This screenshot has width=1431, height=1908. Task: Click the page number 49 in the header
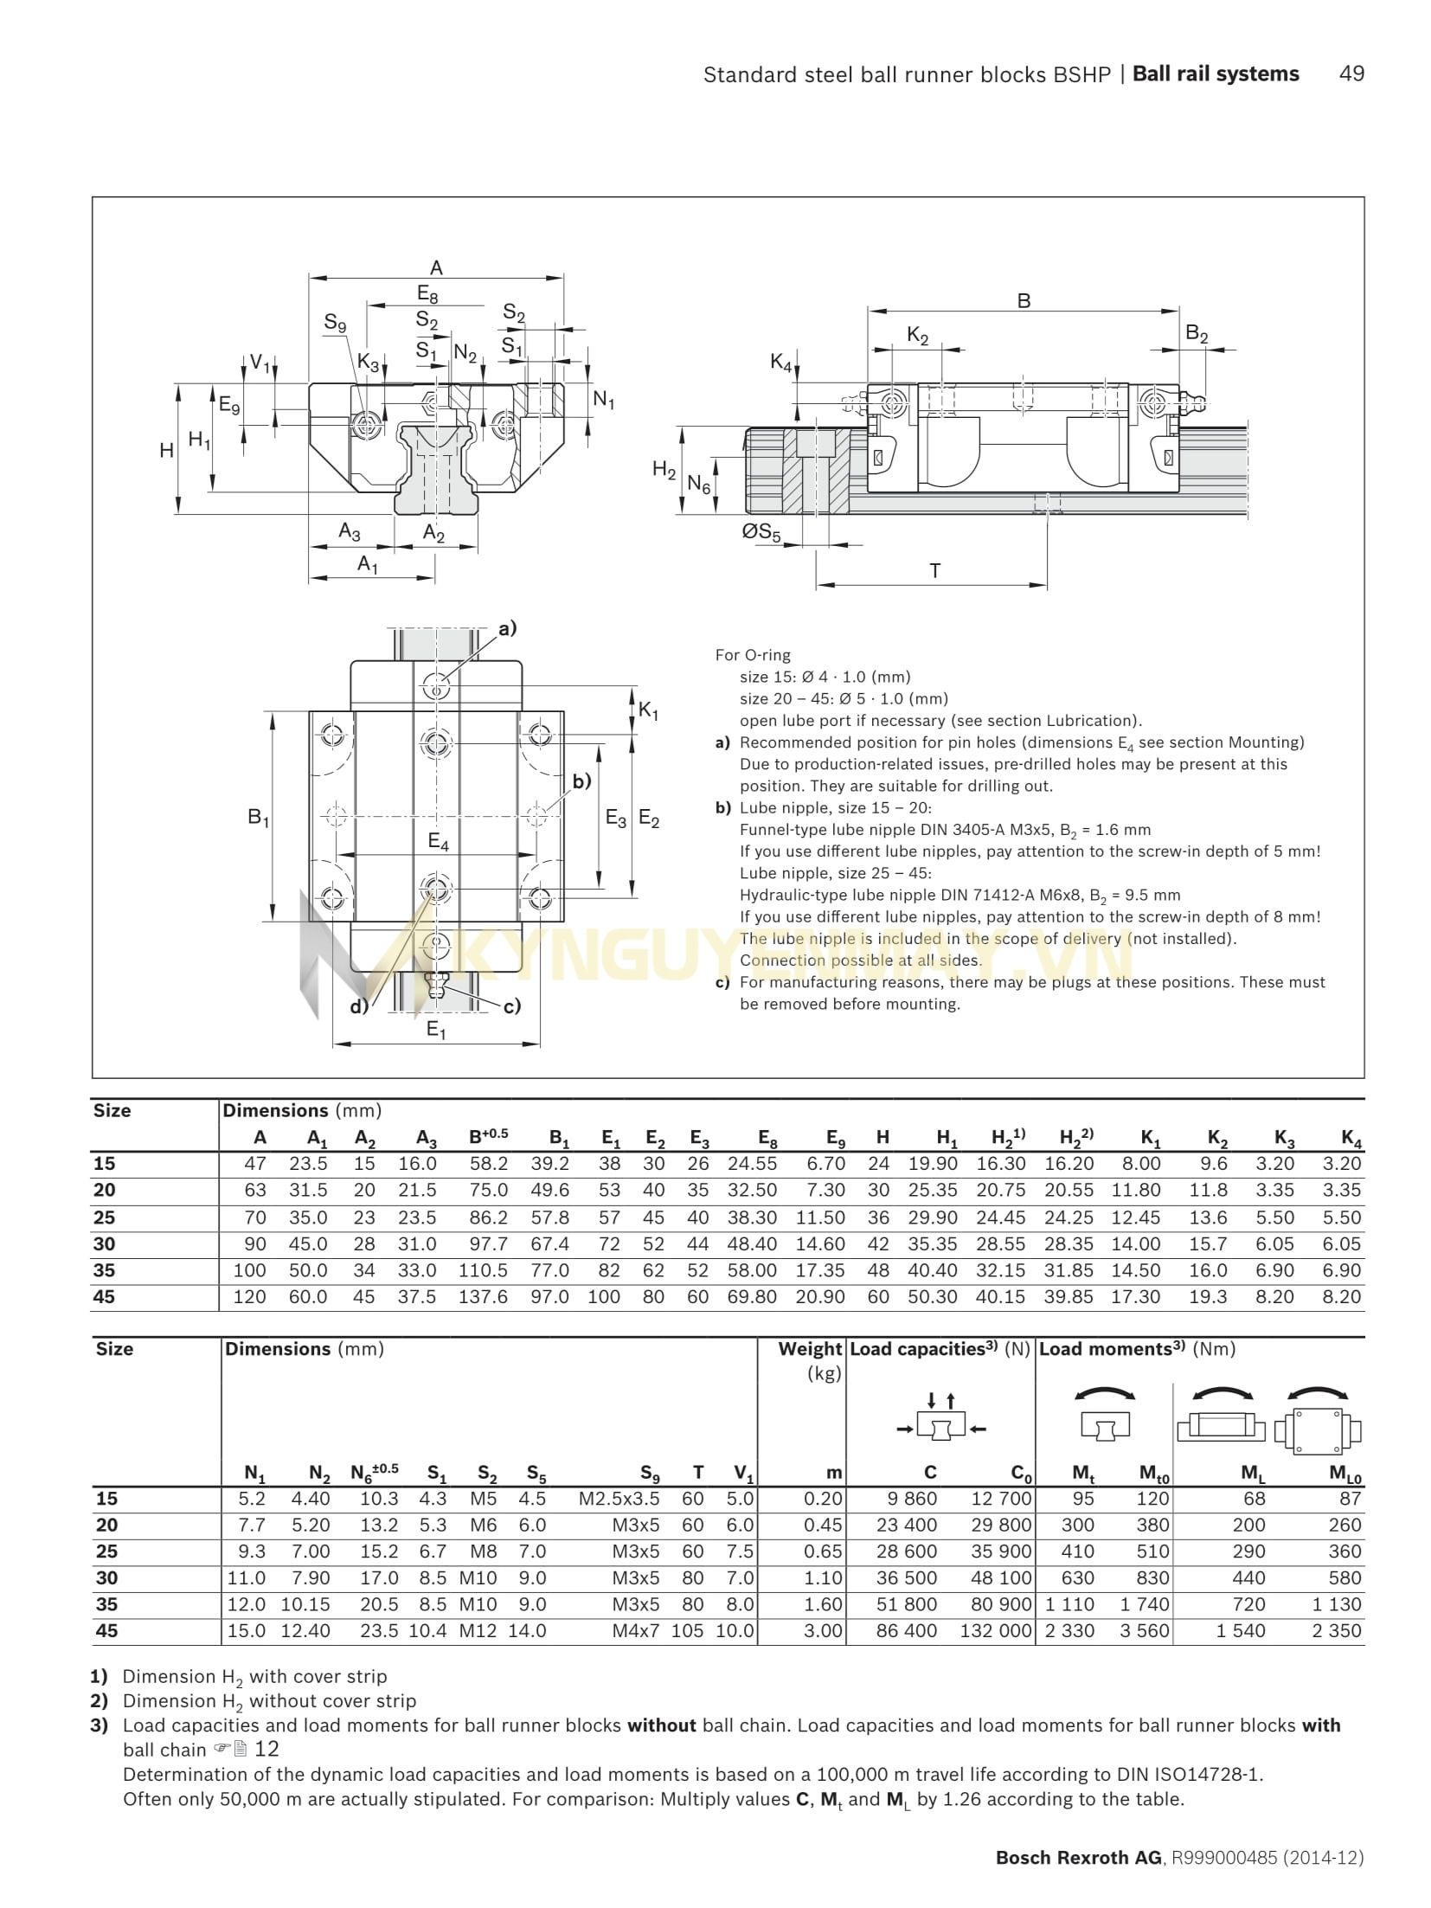click(x=1351, y=74)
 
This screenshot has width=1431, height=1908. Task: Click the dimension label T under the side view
click(x=934, y=571)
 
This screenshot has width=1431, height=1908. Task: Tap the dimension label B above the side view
click(x=1024, y=301)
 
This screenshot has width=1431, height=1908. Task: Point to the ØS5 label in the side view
click(x=761, y=532)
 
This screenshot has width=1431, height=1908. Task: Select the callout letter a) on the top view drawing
click(x=506, y=628)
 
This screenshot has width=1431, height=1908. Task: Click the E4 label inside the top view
click(x=439, y=841)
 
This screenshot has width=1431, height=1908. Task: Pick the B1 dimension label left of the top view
click(x=258, y=817)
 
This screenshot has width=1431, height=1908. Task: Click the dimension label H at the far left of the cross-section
click(x=166, y=450)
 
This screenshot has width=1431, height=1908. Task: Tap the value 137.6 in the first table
click(x=483, y=1296)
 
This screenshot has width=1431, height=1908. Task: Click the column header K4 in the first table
click(x=1351, y=1138)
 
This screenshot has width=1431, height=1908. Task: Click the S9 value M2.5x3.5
click(x=619, y=1499)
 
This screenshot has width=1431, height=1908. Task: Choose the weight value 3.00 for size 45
click(x=823, y=1630)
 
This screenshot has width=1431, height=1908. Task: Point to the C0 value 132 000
click(x=996, y=1630)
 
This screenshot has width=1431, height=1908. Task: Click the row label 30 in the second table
click(x=106, y=1577)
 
